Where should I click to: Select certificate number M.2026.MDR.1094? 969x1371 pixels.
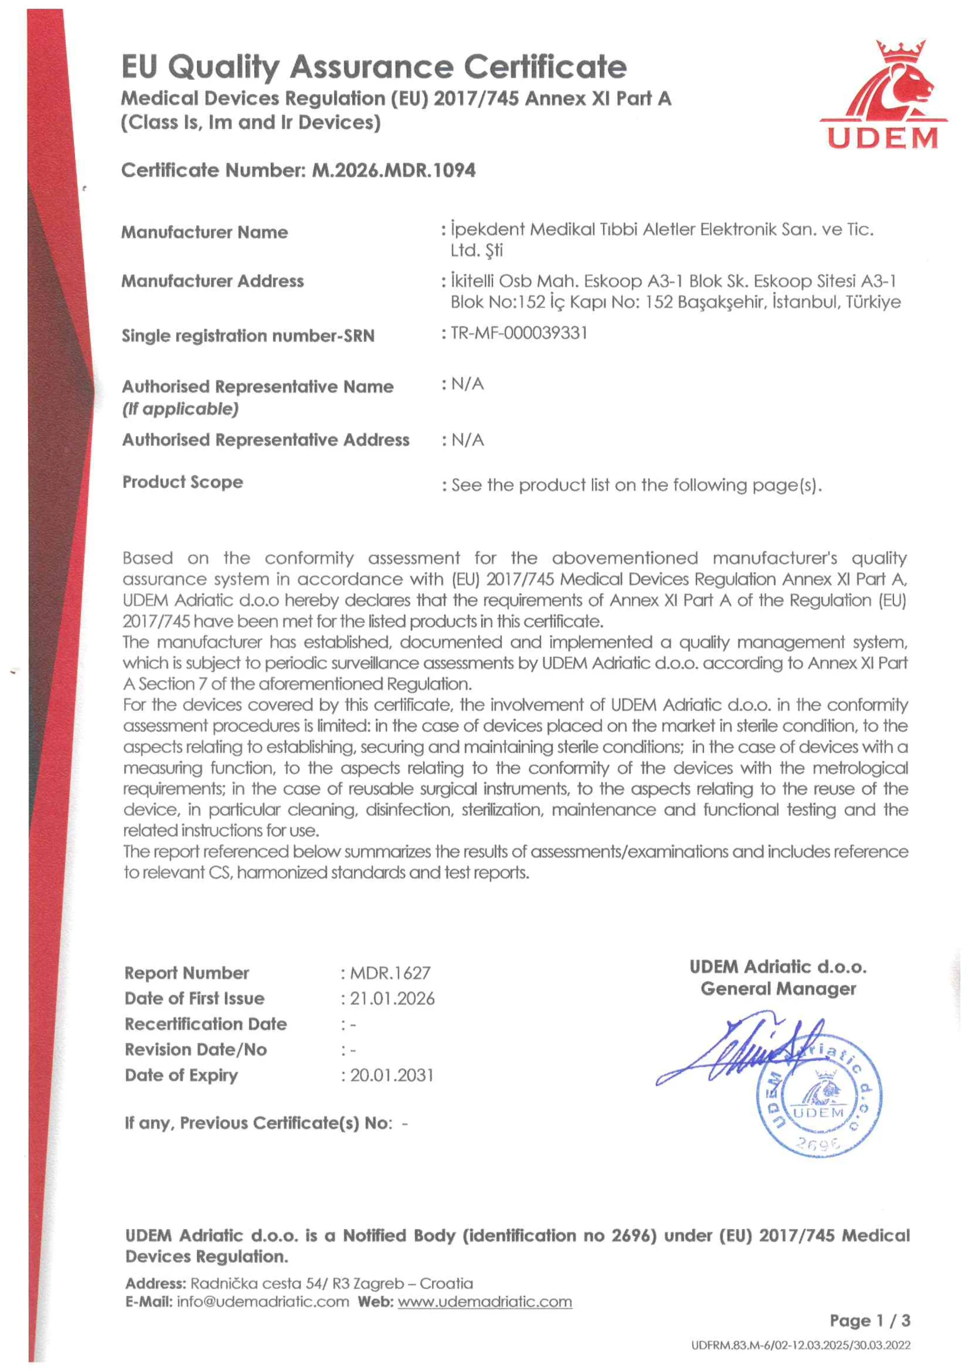click(x=393, y=171)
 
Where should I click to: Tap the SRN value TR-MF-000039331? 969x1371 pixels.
click(x=519, y=333)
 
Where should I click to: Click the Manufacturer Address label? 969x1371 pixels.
click(x=213, y=281)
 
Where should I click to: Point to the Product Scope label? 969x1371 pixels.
click(x=183, y=482)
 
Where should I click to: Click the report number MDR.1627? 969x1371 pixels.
click(x=390, y=973)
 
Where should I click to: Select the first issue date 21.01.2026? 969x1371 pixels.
click(x=392, y=999)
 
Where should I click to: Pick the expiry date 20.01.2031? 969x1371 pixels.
click(x=392, y=1075)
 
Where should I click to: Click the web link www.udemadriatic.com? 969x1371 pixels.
click(x=485, y=1302)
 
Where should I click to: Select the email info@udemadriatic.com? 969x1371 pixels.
click(x=263, y=1302)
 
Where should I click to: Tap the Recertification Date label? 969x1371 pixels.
click(x=206, y=1024)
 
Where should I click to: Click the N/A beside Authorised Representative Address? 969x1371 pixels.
click(x=467, y=440)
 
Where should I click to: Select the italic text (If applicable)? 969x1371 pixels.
click(x=180, y=409)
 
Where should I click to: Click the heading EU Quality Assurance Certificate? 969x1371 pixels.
click(x=374, y=66)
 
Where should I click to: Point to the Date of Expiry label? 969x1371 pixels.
click(x=181, y=1075)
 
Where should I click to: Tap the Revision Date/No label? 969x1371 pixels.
click(x=196, y=1050)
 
